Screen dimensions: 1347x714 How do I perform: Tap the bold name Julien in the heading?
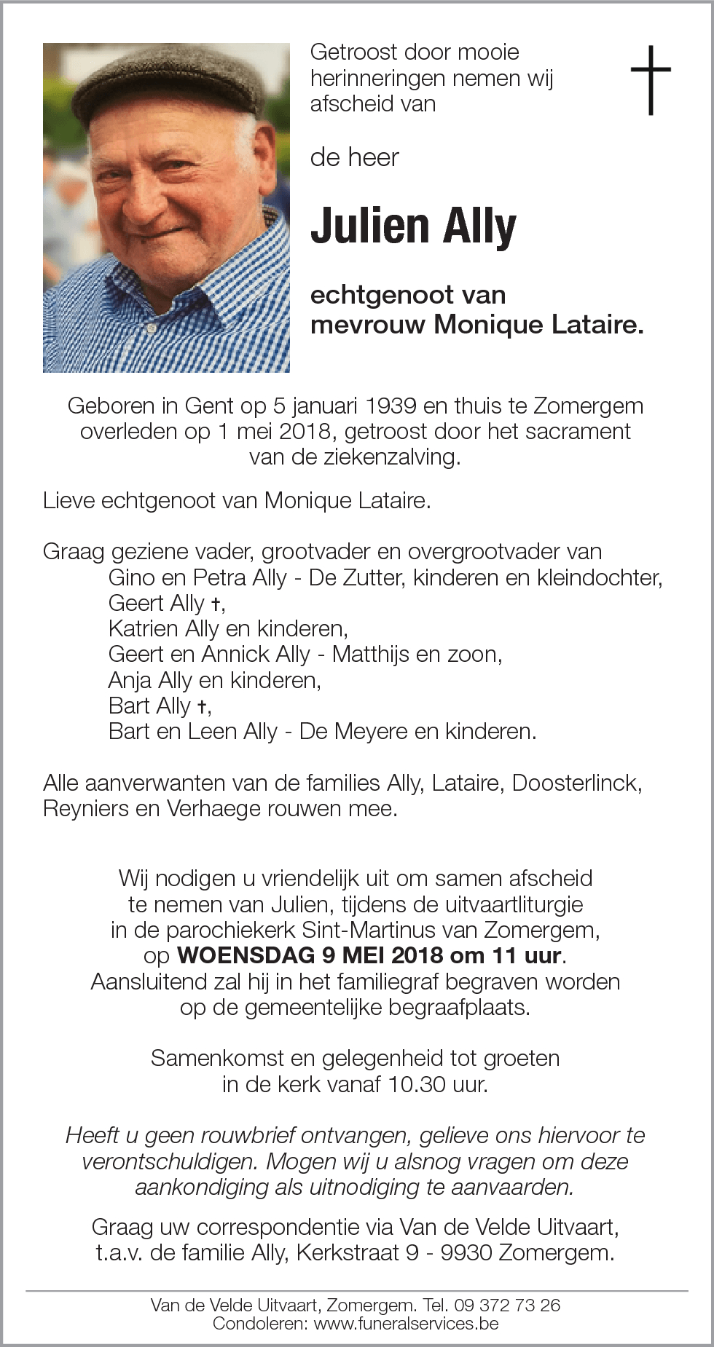click(369, 226)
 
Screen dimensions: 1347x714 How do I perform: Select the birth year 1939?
click(391, 406)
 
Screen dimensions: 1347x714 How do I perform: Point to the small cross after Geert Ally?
click(216, 604)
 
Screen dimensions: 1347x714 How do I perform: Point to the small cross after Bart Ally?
click(203, 706)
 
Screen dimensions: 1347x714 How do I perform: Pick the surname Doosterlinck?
click(576, 783)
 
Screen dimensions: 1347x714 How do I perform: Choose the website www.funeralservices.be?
click(406, 1323)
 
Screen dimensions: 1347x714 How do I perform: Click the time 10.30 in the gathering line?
click(417, 1084)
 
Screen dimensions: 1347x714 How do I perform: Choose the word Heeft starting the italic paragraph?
click(93, 1135)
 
